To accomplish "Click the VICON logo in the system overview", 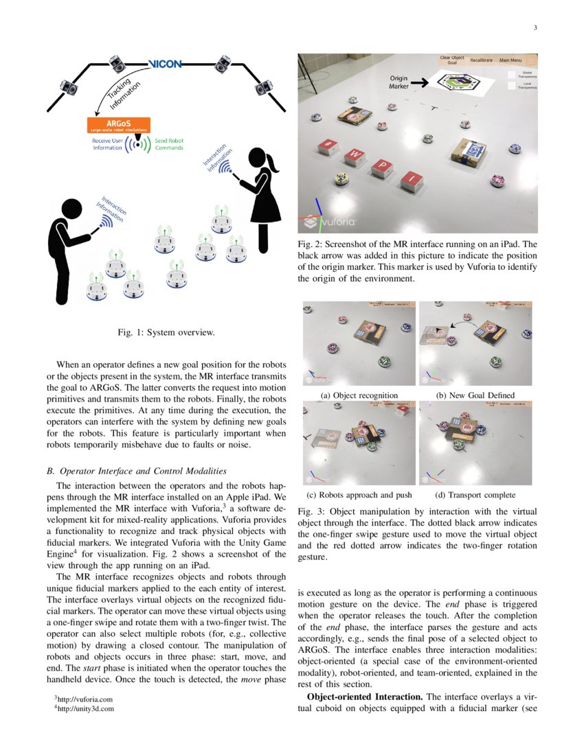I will [165, 65].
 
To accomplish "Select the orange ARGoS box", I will [119, 126].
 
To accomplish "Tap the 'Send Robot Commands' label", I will [169, 144].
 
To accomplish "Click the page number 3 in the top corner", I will [535, 28].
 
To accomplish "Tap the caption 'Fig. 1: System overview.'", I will [166, 333].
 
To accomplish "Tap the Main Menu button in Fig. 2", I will [510, 60].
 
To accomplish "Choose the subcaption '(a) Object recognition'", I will [359, 395].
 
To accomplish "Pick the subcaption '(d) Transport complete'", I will [475, 494].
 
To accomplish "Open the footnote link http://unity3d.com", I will [86, 708].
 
